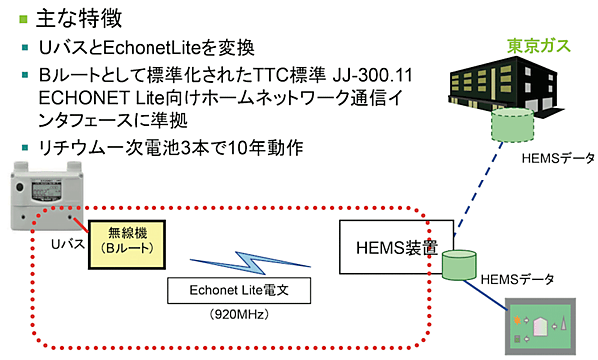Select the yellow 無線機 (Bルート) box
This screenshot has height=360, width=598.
click(x=125, y=240)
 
